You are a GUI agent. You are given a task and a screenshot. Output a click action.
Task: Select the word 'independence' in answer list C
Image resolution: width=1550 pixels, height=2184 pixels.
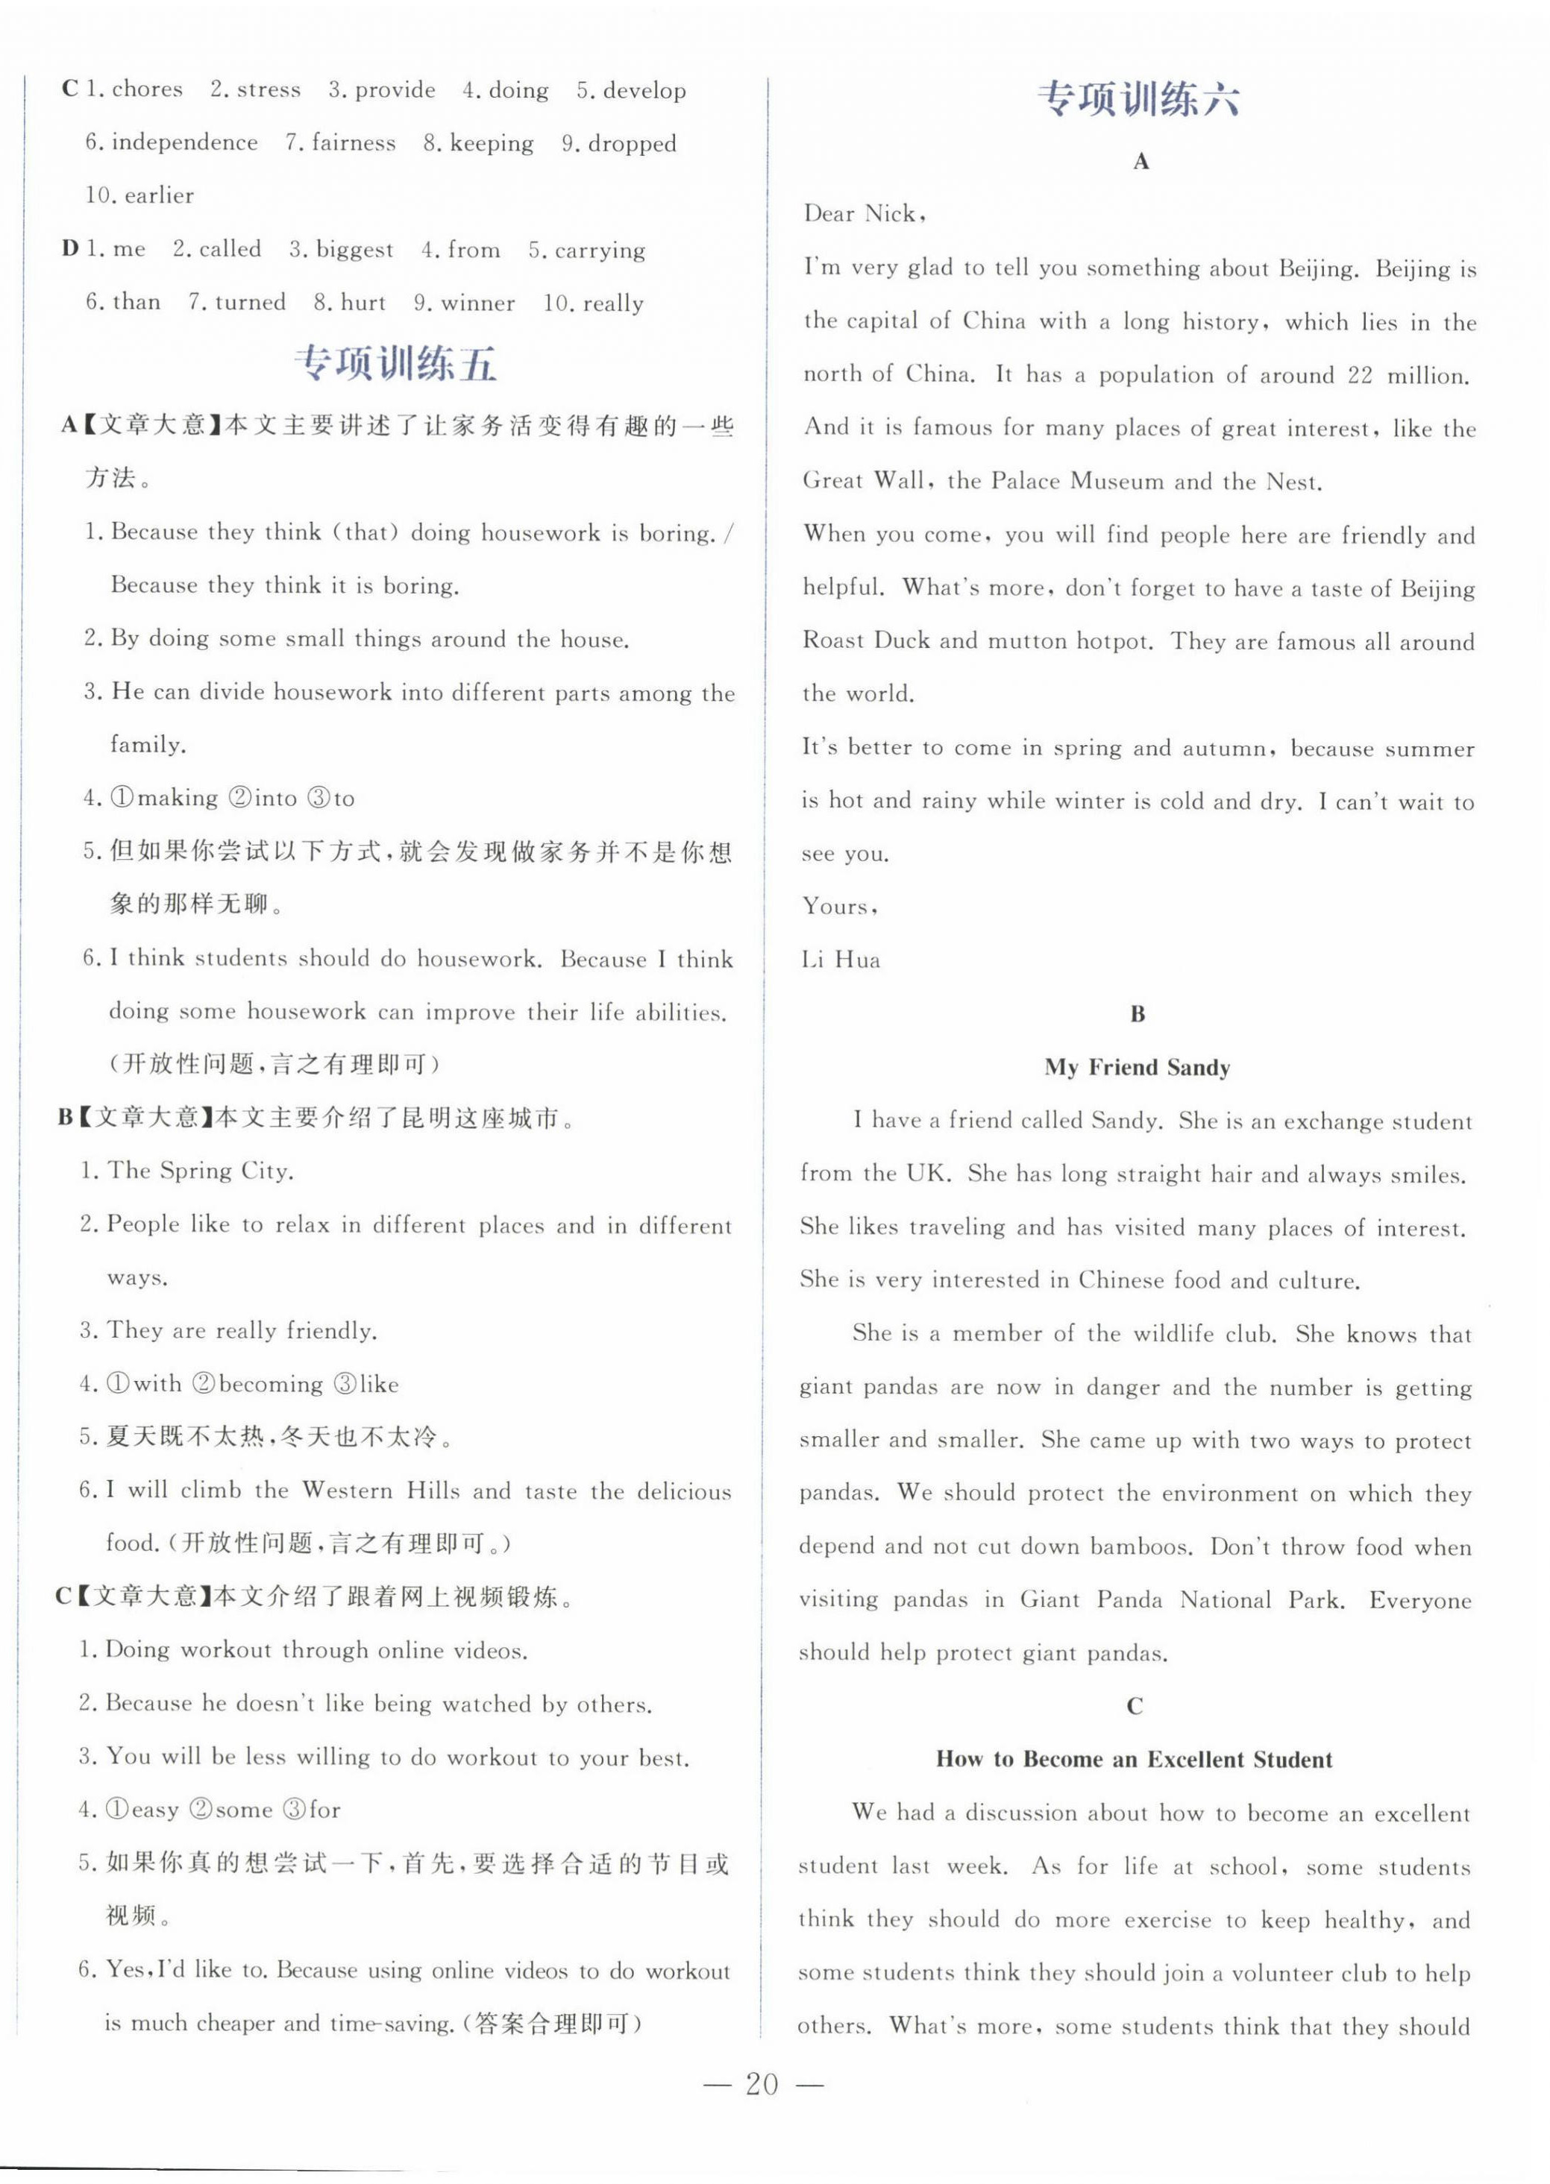(x=184, y=143)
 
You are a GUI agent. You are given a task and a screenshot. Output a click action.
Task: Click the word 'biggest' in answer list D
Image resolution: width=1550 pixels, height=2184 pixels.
(x=354, y=250)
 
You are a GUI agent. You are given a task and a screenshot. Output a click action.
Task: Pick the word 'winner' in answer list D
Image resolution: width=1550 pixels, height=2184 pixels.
(x=477, y=303)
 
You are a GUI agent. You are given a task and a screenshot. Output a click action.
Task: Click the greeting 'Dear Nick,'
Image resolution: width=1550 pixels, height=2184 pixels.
(x=864, y=214)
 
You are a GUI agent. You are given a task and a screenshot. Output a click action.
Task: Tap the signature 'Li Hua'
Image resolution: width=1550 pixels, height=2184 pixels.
(x=841, y=960)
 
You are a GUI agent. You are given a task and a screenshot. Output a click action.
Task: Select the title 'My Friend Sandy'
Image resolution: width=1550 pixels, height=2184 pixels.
(x=1137, y=1067)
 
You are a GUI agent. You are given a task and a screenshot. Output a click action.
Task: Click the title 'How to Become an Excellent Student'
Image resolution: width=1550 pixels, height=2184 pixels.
(x=1134, y=1760)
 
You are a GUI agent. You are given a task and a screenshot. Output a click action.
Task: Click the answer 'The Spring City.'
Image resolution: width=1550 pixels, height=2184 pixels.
(x=201, y=1171)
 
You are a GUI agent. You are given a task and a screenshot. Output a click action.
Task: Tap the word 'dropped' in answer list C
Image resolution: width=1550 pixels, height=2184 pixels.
(x=632, y=144)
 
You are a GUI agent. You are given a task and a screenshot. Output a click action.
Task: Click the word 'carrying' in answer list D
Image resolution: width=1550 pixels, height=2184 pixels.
(x=600, y=251)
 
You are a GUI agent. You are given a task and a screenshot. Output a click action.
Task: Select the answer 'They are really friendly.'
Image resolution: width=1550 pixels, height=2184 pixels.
(x=242, y=1331)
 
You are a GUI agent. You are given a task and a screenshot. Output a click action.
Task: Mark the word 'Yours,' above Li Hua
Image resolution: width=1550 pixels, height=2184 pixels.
(x=840, y=907)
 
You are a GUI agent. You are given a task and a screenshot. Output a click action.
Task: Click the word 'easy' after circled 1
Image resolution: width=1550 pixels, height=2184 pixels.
(x=154, y=1810)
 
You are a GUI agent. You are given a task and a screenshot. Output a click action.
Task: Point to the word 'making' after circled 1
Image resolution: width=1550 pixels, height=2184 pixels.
(x=178, y=799)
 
